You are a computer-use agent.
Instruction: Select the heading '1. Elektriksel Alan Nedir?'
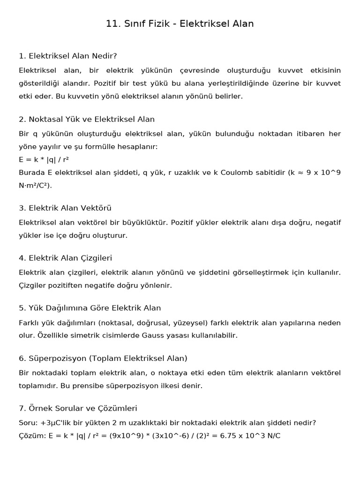[x=68, y=56]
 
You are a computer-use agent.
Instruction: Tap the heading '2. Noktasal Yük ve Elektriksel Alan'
[x=87, y=120]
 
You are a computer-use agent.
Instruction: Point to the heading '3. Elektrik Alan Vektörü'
[x=65, y=208]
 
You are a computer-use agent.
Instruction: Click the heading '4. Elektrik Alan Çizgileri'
[x=66, y=258]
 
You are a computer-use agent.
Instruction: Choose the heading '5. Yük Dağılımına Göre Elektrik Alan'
[x=90, y=308]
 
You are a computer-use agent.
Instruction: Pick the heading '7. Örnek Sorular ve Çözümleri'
[x=78, y=408]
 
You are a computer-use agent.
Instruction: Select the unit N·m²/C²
[x=35, y=185]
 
